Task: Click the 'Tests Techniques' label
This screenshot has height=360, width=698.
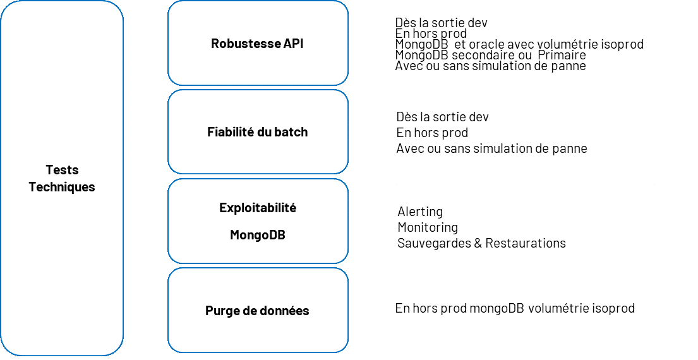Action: [x=62, y=178]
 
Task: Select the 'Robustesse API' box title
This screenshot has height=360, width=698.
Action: [x=257, y=44]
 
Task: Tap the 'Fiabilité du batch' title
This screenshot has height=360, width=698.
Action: [x=257, y=132]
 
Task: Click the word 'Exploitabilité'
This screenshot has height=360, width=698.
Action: [x=257, y=208]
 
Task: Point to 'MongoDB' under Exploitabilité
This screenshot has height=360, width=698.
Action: [x=257, y=235]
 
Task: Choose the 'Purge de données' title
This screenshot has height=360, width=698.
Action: [x=257, y=311]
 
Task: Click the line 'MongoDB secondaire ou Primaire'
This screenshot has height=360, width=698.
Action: [x=490, y=55]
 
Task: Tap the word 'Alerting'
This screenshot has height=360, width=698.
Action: [x=420, y=212]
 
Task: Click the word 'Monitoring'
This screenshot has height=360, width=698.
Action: [x=428, y=227]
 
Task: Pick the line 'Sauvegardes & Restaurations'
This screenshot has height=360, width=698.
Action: [x=481, y=243]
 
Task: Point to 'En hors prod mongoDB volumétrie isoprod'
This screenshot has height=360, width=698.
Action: [x=514, y=308]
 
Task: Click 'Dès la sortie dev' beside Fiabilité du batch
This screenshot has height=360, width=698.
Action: [x=442, y=117]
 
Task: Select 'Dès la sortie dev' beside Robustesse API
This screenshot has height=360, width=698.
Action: [x=441, y=23]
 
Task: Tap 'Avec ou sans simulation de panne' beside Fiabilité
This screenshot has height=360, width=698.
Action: [x=491, y=148]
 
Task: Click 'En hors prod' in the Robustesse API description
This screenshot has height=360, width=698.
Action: [x=431, y=33]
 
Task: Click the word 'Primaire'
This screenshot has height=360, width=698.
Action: [x=562, y=55]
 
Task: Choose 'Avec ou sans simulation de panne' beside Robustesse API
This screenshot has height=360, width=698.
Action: [x=490, y=66]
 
